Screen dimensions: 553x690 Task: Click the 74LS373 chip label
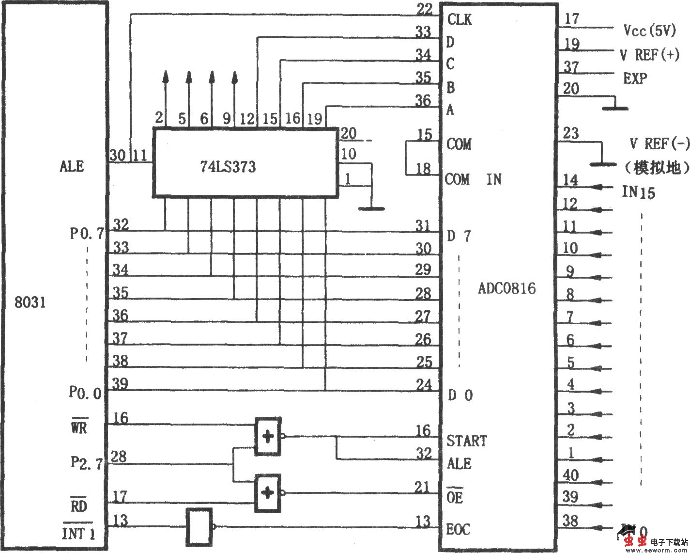(228, 167)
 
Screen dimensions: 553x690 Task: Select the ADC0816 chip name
(507, 288)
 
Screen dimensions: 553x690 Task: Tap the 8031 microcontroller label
(30, 302)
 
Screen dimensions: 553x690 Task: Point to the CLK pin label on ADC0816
(460, 19)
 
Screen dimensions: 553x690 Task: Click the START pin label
(466, 441)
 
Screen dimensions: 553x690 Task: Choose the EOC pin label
(458, 529)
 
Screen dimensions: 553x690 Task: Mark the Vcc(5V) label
(649, 31)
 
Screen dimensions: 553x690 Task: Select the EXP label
(635, 78)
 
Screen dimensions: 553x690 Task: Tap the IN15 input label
(638, 192)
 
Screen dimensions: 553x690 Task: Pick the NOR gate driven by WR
(268, 436)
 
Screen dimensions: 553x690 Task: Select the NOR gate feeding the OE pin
(268, 493)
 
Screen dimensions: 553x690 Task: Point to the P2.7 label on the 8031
(86, 462)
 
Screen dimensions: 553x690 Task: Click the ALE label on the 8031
(72, 166)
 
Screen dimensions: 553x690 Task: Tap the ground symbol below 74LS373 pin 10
(371, 208)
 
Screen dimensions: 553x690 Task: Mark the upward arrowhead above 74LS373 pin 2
(166, 77)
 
